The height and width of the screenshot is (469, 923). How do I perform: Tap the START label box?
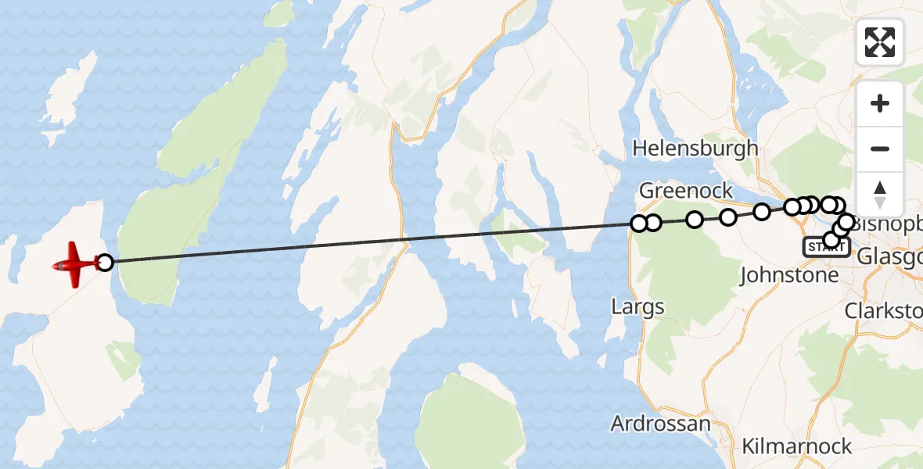click(825, 247)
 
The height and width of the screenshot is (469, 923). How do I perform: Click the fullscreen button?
click(880, 42)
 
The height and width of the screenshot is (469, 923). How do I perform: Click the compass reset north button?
click(880, 195)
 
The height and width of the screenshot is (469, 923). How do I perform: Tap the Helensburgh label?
click(695, 148)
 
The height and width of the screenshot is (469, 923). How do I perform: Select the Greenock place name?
click(686, 190)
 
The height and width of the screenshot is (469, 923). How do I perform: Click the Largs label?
click(637, 306)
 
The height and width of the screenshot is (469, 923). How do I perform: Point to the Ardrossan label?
click(660, 424)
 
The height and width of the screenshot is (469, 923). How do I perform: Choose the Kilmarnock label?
click(796, 446)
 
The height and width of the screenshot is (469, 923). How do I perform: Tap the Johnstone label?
click(788, 274)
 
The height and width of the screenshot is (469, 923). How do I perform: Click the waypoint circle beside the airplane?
click(104, 262)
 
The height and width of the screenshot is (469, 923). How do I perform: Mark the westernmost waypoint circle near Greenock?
click(639, 224)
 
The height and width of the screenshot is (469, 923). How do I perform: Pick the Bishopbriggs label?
click(889, 224)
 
